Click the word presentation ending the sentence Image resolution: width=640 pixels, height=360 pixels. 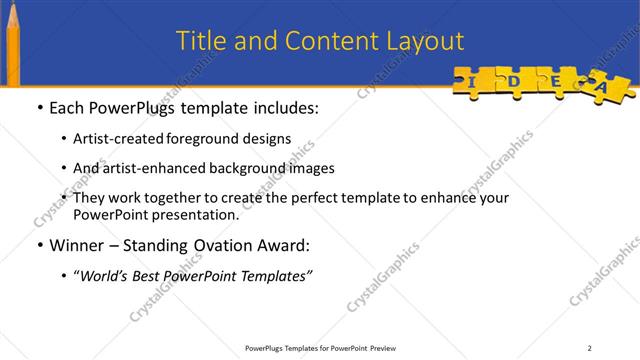pyautogui.click(x=196, y=215)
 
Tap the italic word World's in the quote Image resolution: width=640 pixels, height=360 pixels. pyautogui.click(x=107, y=276)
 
